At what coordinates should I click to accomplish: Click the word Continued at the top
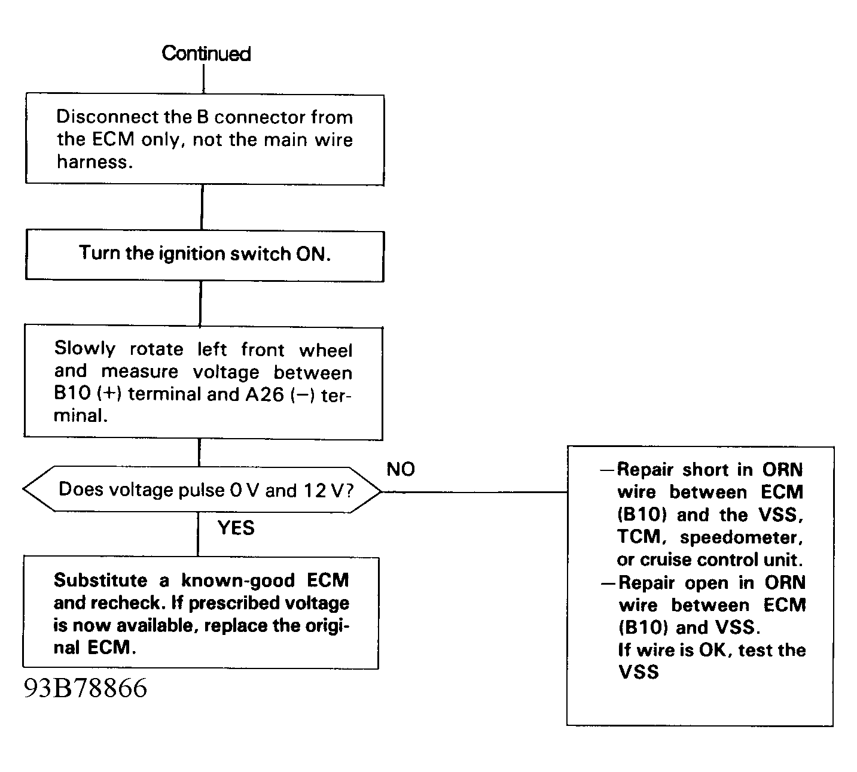click(206, 53)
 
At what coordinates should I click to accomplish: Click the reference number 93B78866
click(85, 688)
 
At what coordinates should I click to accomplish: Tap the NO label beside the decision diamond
click(400, 469)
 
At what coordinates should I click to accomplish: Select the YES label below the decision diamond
click(236, 528)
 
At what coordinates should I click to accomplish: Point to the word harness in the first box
click(94, 162)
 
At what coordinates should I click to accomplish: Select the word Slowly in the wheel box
click(84, 348)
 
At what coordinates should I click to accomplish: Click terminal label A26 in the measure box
click(264, 394)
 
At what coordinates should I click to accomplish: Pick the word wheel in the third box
click(325, 350)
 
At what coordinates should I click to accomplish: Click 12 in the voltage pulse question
click(315, 490)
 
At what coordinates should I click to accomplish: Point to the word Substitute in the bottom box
click(100, 580)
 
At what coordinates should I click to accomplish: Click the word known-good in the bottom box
click(237, 581)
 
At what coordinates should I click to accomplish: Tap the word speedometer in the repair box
click(741, 537)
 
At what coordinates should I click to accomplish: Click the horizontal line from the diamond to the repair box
click(475, 492)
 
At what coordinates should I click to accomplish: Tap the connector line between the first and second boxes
click(202, 208)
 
